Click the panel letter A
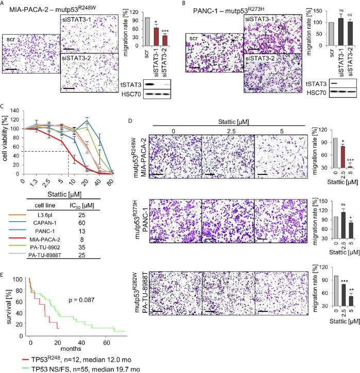[x=4, y=4]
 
